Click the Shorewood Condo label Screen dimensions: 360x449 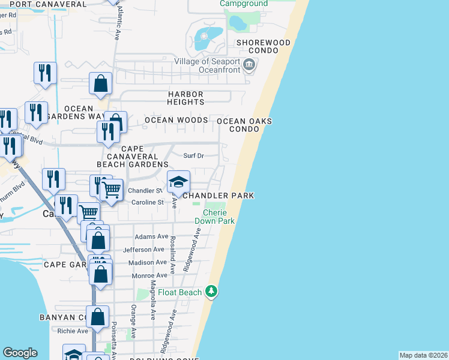(x=263, y=47)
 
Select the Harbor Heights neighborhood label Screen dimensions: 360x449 (x=185, y=98)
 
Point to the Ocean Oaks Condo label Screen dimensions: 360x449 (x=244, y=125)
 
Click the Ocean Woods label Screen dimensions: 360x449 (x=176, y=120)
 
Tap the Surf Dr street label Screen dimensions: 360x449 (x=193, y=156)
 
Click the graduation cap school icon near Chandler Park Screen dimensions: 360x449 (x=178, y=182)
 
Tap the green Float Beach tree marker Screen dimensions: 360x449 (x=211, y=292)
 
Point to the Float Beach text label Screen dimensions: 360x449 (x=180, y=293)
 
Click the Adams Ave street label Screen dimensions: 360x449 (x=151, y=237)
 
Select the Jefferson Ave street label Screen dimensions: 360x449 (x=143, y=250)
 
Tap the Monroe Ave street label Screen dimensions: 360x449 (x=148, y=275)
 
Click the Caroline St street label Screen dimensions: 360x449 (x=148, y=203)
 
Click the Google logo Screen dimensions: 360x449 (x=20, y=353)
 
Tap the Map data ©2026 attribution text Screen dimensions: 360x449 (x=423, y=355)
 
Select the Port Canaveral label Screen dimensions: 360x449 (x=48, y=4)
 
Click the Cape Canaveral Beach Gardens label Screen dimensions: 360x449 (x=133, y=156)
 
